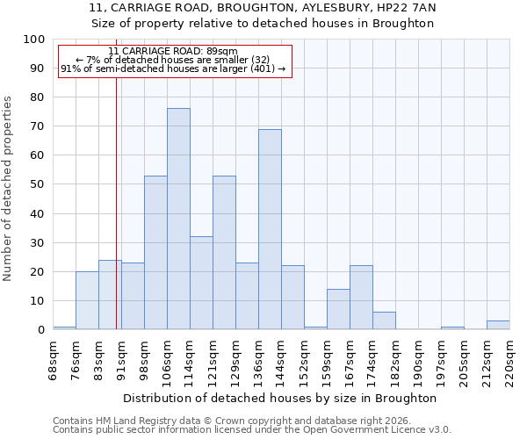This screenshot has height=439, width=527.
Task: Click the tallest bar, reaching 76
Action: coord(178,219)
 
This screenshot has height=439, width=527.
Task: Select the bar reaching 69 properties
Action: coord(270,229)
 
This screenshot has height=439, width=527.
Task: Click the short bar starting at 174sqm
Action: coord(384,320)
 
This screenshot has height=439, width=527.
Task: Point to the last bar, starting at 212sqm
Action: coord(498,325)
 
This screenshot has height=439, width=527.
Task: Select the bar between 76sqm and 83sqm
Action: coord(87,300)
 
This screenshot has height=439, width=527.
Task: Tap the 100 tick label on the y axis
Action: coord(34,40)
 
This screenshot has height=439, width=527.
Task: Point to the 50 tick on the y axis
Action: coord(38,184)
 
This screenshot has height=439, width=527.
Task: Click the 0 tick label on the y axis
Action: coord(41,330)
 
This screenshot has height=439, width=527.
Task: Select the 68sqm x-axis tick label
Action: coord(54,358)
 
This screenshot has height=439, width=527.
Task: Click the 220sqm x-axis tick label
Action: coord(510,358)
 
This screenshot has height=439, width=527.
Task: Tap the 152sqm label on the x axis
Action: coord(305,358)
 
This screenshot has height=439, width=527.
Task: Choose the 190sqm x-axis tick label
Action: coord(419,358)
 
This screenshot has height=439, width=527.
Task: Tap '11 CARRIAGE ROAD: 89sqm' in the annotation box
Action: coord(173,51)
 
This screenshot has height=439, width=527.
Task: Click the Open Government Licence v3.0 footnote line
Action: coord(252,430)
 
